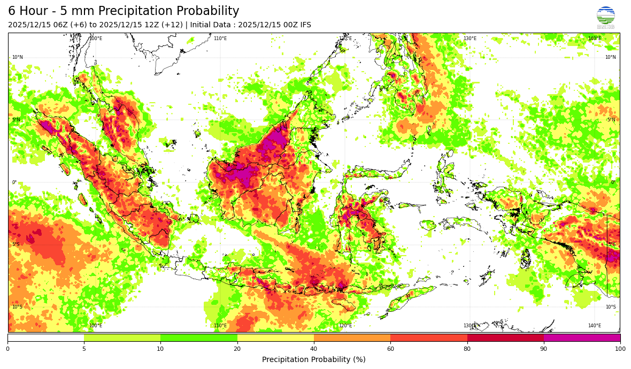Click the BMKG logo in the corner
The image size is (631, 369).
pyautogui.click(x=605, y=17)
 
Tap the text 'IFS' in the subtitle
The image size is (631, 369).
pyautogui.click(x=304, y=25)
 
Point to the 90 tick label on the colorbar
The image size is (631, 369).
pyautogui.click(x=543, y=349)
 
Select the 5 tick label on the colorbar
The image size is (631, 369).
pyautogui.click(x=84, y=349)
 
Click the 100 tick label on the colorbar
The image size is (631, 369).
pyautogui.click(x=620, y=349)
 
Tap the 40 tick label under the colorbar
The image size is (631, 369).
pyautogui.click(x=314, y=349)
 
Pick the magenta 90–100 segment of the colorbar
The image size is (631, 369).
pyautogui.click(x=582, y=337)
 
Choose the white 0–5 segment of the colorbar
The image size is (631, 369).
pyautogui.click(x=46, y=337)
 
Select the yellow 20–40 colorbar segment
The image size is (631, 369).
pyautogui.click(x=275, y=337)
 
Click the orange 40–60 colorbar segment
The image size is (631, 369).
pyautogui.click(x=352, y=337)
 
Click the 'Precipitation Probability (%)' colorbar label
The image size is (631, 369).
pyautogui.click(x=314, y=359)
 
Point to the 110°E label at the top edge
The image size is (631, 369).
pyautogui.click(x=220, y=39)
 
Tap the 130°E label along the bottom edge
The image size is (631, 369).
pyautogui.click(x=470, y=326)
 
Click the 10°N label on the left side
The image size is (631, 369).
pyautogui.click(x=18, y=57)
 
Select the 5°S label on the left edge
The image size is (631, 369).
pyautogui.click(x=17, y=244)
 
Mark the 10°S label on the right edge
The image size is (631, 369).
pyautogui.click(x=610, y=307)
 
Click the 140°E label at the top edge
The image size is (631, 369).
pyautogui.click(x=594, y=39)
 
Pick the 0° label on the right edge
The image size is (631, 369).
pyautogui.click(x=613, y=182)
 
